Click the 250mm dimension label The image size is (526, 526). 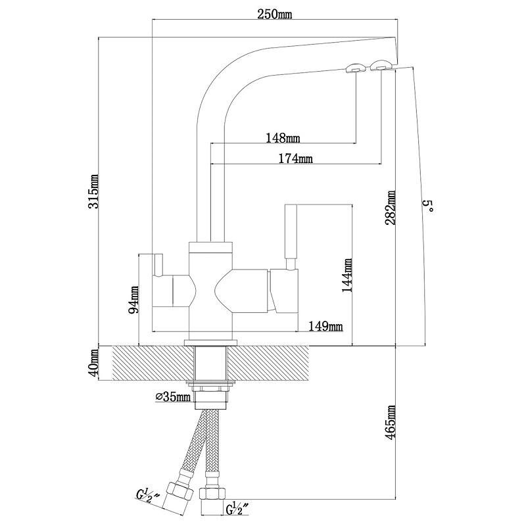point(277,14)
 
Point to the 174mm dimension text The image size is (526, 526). point(295,158)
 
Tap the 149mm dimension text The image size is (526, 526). point(327,325)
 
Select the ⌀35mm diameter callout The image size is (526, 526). point(172,396)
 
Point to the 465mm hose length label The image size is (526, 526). point(391,424)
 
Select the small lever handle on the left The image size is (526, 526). point(158,264)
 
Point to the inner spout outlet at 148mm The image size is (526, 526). point(354,67)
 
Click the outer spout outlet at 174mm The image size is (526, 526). point(381,64)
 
